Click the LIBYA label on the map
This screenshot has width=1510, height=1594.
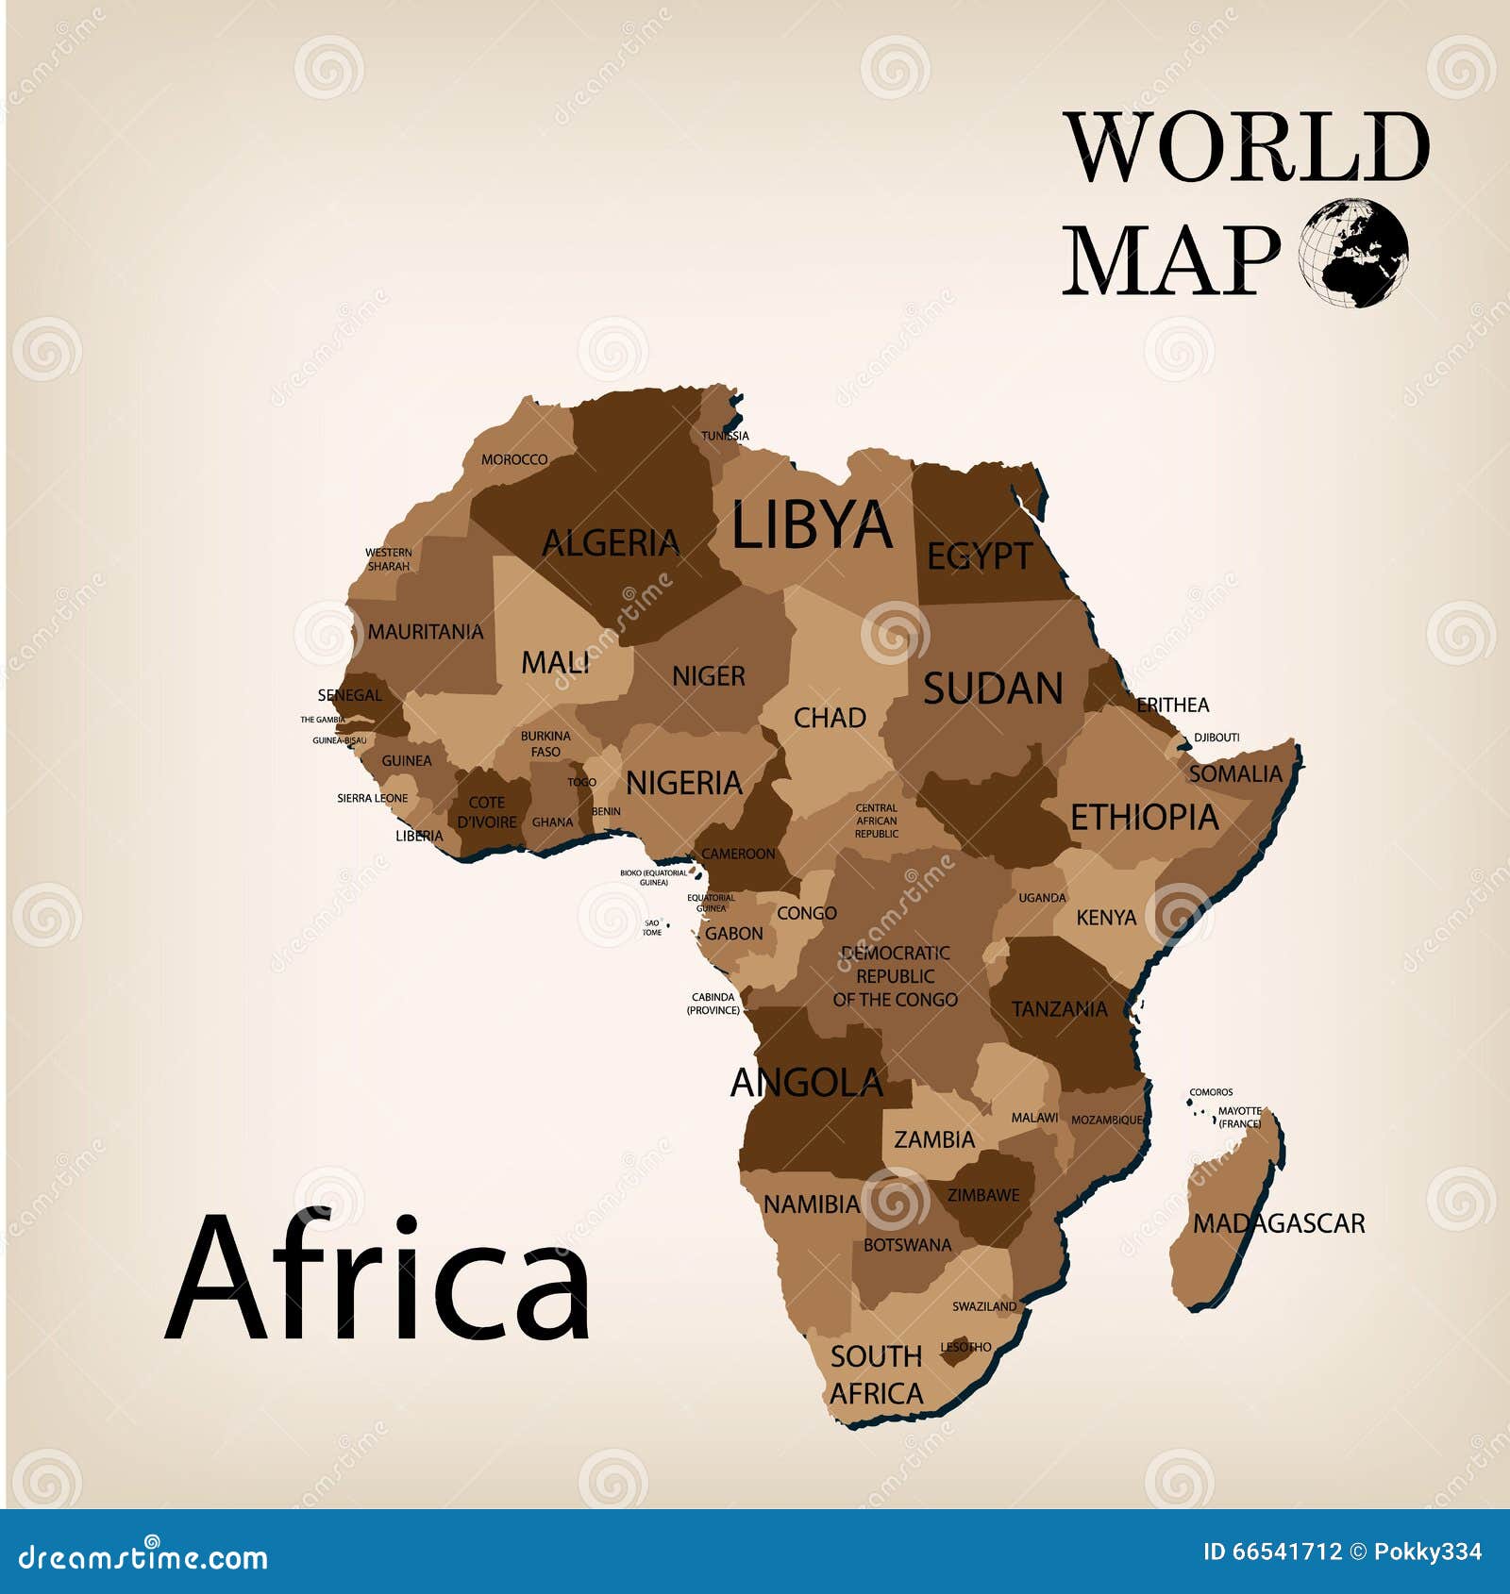[x=812, y=525]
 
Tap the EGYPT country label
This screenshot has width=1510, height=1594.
[x=980, y=556]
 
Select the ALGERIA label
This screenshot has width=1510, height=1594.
[x=611, y=543]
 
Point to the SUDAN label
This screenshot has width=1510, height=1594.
[x=993, y=689]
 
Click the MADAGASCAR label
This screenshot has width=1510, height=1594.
[x=1279, y=1224]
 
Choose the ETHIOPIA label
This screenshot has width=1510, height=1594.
[x=1144, y=818]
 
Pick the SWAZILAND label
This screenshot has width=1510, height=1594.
[x=984, y=1306]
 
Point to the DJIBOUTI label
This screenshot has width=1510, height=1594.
[x=1216, y=738]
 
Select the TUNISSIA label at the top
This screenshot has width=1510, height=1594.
[x=725, y=436]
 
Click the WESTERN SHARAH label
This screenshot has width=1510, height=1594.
[x=389, y=559]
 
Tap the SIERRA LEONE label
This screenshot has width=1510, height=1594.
[x=373, y=798]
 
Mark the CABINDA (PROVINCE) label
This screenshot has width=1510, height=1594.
[x=713, y=1004]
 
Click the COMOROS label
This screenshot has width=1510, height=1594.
[x=1211, y=1092]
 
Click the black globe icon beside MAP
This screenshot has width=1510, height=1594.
[x=1353, y=253]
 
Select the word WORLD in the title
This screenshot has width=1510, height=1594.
[x=1248, y=147]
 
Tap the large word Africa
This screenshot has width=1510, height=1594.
[x=377, y=1278]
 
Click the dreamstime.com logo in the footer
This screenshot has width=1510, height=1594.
[x=143, y=1556]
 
